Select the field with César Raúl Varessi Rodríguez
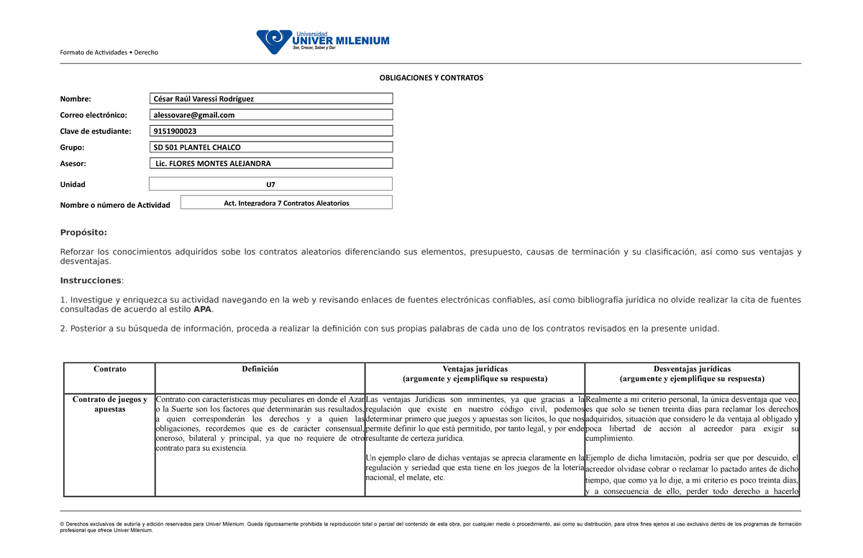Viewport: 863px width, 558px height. (271, 99)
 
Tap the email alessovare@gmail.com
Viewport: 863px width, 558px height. (271, 115)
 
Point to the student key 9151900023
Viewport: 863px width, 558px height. (271, 131)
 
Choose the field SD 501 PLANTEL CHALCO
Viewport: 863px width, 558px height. (271, 147)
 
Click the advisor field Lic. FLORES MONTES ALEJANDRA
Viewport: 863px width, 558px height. (271, 163)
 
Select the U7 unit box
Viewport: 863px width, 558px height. (270, 184)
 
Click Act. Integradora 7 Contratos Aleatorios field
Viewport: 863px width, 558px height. (286, 203)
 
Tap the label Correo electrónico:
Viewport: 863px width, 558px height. (93, 115)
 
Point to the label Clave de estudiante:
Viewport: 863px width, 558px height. (96, 132)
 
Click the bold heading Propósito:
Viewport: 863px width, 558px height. (83, 232)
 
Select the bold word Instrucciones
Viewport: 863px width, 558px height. (91, 280)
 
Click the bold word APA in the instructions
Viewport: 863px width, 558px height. (203, 309)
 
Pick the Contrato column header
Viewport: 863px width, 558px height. (109, 369)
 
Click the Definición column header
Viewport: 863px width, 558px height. (260, 369)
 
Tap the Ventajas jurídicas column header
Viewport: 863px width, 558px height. (475, 369)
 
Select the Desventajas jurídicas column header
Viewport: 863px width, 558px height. (692, 369)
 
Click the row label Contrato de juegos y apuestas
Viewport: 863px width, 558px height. (109, 404)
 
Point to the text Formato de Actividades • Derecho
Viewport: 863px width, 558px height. (109, 52)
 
